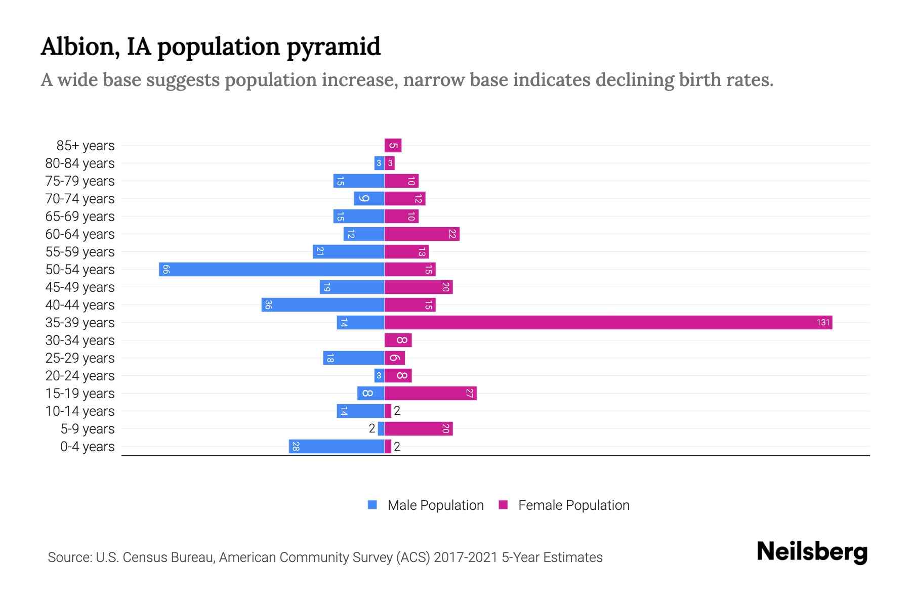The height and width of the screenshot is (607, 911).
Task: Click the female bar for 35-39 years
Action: point(607,322)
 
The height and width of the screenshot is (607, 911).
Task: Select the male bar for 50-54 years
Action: point(272,269)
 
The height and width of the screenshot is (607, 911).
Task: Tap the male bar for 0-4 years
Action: point(337,446)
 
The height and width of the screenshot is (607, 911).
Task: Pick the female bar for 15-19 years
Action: point(430,393)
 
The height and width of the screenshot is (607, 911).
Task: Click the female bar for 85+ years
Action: point(393,146)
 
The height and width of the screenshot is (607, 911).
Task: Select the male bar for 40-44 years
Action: point(323,305)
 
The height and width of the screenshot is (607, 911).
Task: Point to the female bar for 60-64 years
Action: point(422,234)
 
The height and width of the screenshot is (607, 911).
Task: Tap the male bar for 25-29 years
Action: point(354,358)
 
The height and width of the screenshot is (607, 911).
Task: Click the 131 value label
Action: point(823,322)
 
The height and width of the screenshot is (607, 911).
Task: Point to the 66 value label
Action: point(165,269)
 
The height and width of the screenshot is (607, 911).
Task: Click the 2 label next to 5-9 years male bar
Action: point(372,428)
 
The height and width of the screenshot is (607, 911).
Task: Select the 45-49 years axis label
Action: point(80,287)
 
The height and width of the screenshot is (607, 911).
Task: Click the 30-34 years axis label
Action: point(80,340)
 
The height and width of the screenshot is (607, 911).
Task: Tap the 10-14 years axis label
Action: point(80,411)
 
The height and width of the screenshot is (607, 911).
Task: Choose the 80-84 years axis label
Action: point(80,163)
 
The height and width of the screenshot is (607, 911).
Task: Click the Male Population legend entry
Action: point(435,505)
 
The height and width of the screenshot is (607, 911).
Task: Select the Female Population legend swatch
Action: point(503,505)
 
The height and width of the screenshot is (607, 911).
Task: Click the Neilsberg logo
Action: point(812,551)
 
